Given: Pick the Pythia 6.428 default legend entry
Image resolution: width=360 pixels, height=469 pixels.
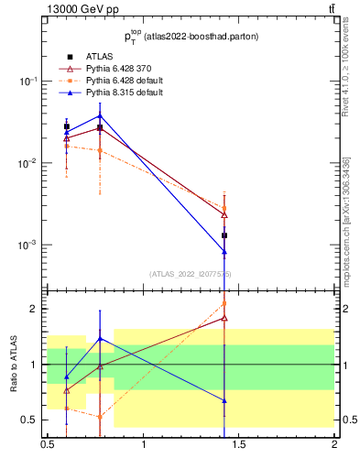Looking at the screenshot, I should (x=118, y=81).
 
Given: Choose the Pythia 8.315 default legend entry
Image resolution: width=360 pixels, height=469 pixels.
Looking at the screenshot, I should (x=118, y=93).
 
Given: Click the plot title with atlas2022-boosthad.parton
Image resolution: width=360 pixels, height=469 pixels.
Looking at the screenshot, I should (x=190, y=38).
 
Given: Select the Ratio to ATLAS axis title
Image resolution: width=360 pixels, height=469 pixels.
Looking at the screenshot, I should (x=14, y=364).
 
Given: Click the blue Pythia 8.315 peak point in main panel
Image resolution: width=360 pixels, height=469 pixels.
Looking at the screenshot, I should (x=100, y=115).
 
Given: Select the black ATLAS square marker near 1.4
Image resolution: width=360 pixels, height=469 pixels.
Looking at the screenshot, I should (x=224, y=235).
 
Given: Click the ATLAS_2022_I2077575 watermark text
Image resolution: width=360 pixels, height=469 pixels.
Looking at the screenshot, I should (x=190, y=274).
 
